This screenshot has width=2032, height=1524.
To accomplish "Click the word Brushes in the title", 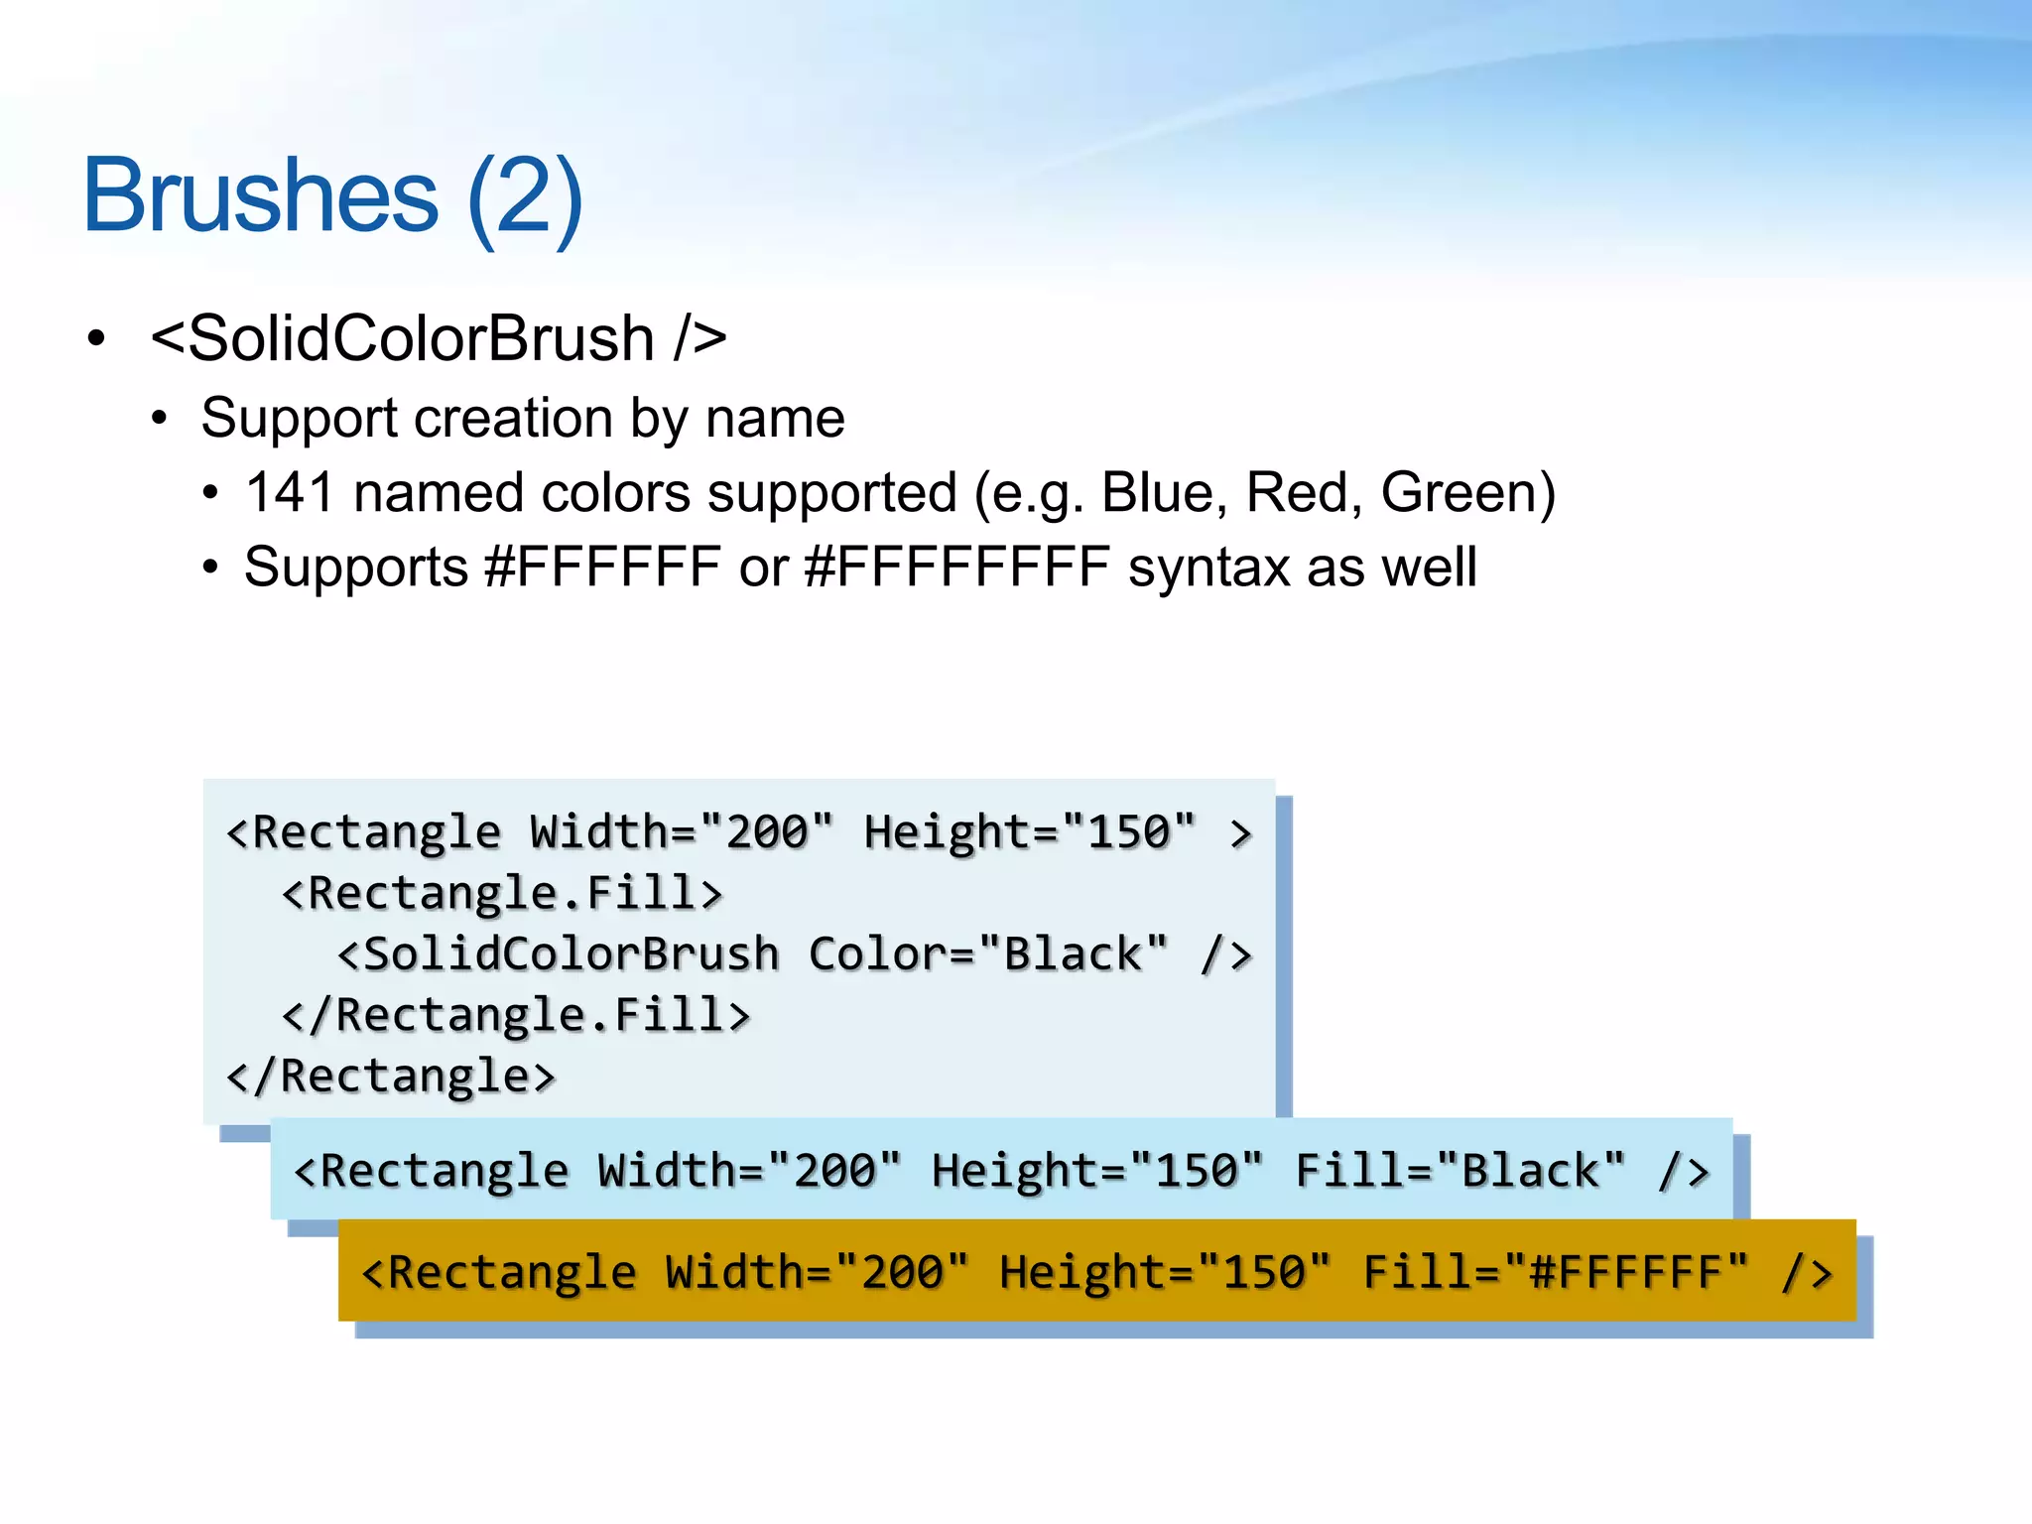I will pos(260,195).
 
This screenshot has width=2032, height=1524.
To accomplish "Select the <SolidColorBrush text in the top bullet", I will pos(402,338).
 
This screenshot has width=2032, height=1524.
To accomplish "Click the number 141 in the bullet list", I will pos(289,492).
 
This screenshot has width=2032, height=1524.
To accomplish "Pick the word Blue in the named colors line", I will pos(1158,492).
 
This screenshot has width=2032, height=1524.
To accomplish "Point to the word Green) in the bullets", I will pos(1467,492).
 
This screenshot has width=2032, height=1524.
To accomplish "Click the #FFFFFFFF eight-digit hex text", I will pos(956,568).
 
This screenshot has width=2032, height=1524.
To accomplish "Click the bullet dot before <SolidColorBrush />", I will pos(96,338).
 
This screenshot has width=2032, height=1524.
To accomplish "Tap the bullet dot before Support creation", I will pos(160,418).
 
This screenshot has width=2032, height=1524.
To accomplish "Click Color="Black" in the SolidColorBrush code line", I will pos(988,953).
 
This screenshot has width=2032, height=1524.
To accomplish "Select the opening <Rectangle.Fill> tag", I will pos(502,893).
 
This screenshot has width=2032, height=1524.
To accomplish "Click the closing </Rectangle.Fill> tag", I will pos(516,1015).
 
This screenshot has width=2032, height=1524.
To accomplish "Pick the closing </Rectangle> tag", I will pos(391,1077).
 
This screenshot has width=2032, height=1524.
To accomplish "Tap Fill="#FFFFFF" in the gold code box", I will pos(1555,1272).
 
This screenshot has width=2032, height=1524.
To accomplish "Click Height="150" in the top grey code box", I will pos(1030,831).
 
